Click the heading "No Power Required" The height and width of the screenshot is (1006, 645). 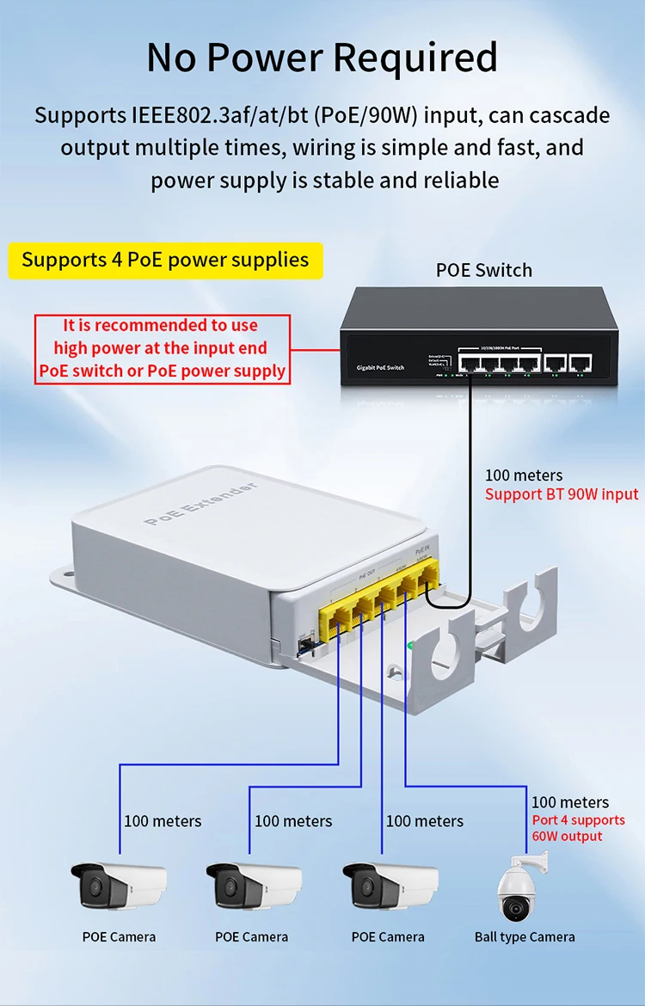click(x=322, y=58)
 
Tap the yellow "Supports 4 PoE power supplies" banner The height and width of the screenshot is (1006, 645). click(x=165, y=260)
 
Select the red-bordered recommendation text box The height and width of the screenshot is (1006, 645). click(x=161, y=348)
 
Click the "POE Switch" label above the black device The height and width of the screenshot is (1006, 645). click(x=483, y=270)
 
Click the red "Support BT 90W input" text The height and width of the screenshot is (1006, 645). click(x=561, y=494)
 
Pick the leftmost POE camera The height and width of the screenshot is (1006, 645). click(x=118, y=886)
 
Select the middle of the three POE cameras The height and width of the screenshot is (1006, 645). click(x=253, y=886)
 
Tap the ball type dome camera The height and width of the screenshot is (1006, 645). click(x=519, y=890)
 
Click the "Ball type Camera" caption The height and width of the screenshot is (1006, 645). click(x=525, y=937)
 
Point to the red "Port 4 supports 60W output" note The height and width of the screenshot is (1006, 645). click(x=578, y=828)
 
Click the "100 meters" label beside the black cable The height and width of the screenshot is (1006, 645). click(x=524, y=475)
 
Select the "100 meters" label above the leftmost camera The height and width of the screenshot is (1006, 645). click(x=163, y=821)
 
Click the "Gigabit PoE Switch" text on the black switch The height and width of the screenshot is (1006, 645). click(x=380, y=368)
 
